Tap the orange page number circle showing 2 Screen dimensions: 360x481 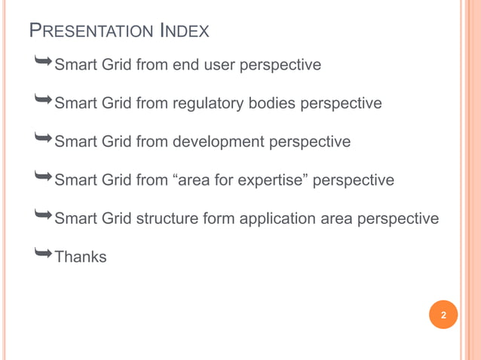[443, 315]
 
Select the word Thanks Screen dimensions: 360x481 [81, 257]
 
